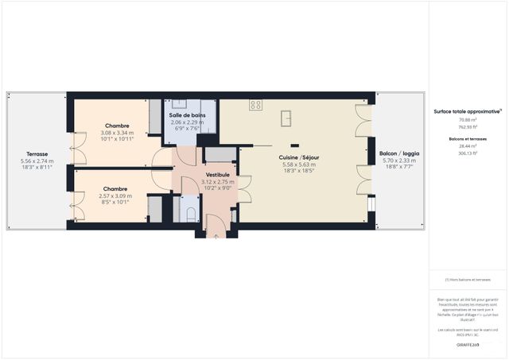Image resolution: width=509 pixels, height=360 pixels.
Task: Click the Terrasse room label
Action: point(37,153)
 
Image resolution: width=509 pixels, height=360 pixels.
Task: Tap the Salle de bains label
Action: point(187,114)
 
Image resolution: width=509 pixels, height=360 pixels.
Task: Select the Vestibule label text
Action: point(217,174)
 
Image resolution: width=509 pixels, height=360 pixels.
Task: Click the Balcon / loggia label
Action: point(399,153)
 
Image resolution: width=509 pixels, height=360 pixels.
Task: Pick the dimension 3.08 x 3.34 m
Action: point(117,133)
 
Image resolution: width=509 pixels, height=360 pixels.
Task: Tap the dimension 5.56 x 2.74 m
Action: point(37,161)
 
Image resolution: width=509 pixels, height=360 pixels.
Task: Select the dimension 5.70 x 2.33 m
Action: point(399,161)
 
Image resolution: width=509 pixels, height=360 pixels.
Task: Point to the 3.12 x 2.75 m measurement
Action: point(217,182)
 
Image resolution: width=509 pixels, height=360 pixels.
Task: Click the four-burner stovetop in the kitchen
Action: point(255,104)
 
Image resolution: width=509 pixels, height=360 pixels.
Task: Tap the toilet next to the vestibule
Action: point(189,212)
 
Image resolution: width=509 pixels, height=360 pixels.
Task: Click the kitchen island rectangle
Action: point(286,118)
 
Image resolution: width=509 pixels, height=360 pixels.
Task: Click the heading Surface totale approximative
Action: point(467,111)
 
